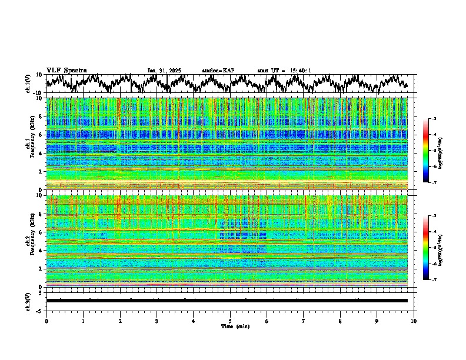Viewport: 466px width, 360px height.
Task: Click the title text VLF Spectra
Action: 66,70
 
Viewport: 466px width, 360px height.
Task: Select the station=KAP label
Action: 218,71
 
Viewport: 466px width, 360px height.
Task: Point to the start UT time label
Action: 284,71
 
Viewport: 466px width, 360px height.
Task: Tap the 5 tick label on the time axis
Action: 230,321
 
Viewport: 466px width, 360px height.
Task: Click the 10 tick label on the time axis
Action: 414,321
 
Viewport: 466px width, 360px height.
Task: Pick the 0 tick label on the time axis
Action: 46,321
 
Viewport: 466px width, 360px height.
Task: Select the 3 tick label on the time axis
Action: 157,321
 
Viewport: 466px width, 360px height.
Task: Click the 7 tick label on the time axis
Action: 304,321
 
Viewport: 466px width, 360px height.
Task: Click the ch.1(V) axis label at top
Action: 28,84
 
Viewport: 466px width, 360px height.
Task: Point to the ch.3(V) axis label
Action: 28,301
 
